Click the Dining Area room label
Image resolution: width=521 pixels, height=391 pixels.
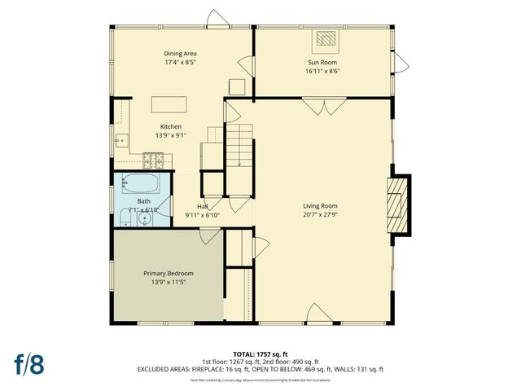pyautogui.click(x=181, y=53)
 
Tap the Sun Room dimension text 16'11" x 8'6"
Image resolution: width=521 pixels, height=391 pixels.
pyautogui.click(x=323, y=71)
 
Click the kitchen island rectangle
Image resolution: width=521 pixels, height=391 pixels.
pyautogui.click(x=169, y=104)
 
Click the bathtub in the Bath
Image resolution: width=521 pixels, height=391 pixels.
pyautogui.click(x=142, y=183)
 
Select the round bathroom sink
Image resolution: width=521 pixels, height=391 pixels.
pyautogui.click(x=144, y=218)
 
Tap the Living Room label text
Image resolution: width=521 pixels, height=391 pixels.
pyautogui.click(x=320, y=206)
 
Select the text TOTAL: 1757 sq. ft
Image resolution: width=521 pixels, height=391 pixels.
pyautogui.click(x=260, y=354)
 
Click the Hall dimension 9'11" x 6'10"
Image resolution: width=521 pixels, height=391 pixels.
pyautogui.click(x=203, y=215)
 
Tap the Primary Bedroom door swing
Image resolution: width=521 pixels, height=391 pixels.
pyautogui.click(x=210, y=236)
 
